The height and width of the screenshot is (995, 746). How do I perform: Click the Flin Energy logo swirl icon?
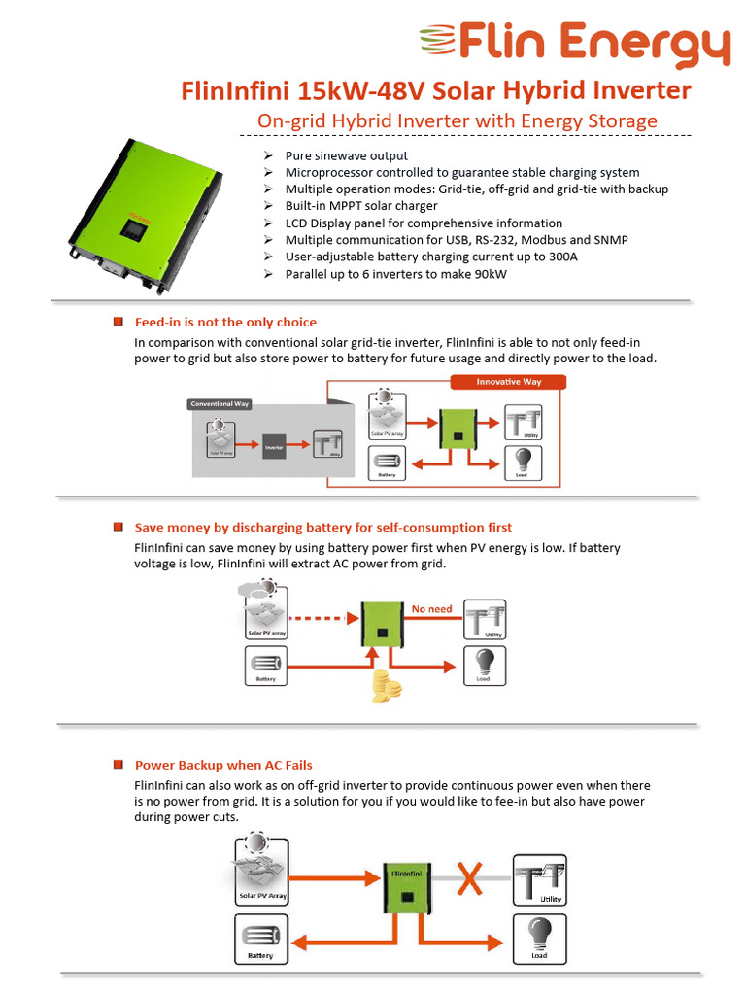click(x=438, y=43)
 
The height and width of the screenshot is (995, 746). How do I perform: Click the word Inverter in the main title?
click(x=642, y=90)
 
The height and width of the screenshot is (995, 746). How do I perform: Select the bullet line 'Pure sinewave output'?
click(x=346, y=155)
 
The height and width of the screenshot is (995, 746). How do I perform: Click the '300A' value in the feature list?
click(x=561, y=257)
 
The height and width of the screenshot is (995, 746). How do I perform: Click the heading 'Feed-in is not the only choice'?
click(x=225, y=322)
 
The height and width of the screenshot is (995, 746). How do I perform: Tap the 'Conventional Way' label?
click(x=220, y=403)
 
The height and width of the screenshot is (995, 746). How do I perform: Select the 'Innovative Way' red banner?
click(x=509, y=382)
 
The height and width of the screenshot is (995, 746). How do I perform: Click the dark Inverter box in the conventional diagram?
click(x=274, y=446)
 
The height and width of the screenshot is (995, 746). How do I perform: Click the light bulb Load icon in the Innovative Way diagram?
click(x=524, y=460)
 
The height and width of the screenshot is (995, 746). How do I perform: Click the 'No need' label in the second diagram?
click(x=431, y=609)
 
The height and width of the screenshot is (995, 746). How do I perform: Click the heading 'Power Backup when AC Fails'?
click(x=223, y=765)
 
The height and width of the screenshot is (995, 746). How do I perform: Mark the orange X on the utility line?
click(x=470, y=880)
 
